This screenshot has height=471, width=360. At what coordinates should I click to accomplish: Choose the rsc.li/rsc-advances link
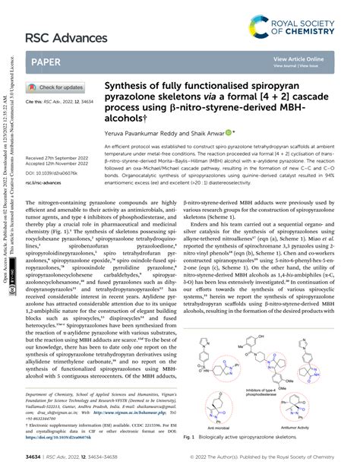pyautogui.click(x=43, y=182)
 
